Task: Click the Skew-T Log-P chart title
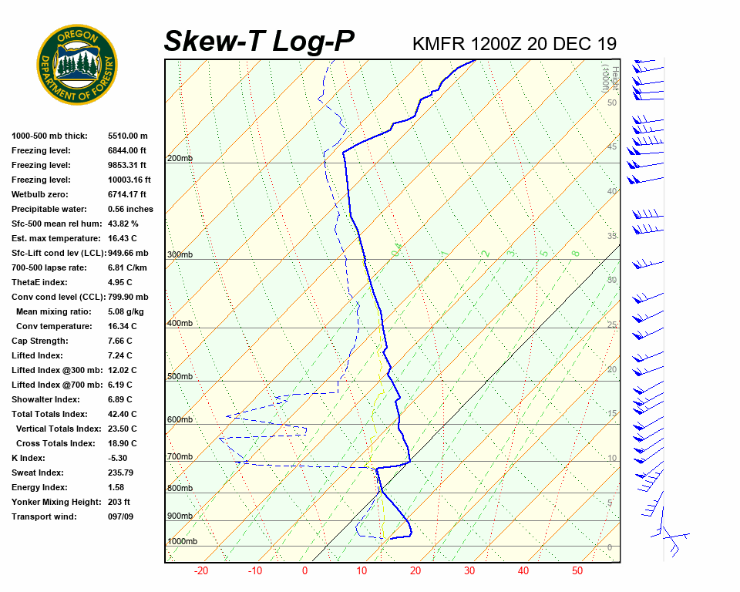[x=259, y=42]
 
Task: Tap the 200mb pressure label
[x=180, y=159]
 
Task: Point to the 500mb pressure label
[x=180, y=376]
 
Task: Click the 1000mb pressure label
[x=182, y=541]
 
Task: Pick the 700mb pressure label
[x=180, y=457]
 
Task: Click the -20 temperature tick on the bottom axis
[x=201, y=571]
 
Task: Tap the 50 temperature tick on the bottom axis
[x=577, y=571]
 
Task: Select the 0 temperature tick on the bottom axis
[x=304, y=571]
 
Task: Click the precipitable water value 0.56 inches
[x=130, y=209]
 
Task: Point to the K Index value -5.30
[x=118, y=458]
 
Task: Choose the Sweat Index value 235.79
[x=121, y=473]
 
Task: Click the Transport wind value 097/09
[x=121, y=516]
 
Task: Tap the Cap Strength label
[x=39, y=341]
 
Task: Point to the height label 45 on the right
[x=612, y=146]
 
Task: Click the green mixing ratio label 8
[x=575, y=253]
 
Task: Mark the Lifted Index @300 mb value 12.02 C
[x=122, y=370]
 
